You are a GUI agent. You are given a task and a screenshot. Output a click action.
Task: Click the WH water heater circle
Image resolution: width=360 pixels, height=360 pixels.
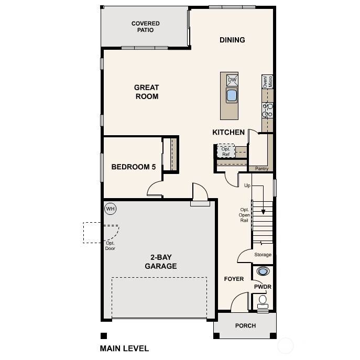(110, 209)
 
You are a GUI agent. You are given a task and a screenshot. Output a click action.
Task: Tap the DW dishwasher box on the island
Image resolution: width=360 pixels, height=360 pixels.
(232, 80)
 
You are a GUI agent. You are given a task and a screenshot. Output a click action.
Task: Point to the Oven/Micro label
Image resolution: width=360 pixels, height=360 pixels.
(268, 81)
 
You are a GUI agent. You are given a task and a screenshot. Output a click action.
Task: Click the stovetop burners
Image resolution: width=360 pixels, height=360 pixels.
(267, 110)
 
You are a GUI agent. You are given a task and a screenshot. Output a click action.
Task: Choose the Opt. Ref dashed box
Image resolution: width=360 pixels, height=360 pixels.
(226, 151)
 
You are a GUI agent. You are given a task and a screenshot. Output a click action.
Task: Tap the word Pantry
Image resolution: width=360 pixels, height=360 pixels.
(261, 169)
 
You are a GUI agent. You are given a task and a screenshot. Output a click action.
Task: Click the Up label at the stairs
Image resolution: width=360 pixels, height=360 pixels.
(247, 186)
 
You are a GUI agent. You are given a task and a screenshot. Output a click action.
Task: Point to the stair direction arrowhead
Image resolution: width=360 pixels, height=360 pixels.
(264, 212)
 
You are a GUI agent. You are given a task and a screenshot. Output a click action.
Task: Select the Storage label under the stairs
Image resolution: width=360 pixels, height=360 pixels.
(263, 255)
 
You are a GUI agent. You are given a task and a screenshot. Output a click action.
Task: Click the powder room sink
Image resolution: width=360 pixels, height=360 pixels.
(263, 271)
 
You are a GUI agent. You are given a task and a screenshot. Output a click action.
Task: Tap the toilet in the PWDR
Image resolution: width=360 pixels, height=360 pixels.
(263, 300)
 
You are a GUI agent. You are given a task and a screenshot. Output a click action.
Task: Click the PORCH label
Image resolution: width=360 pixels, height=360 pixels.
(245, 325)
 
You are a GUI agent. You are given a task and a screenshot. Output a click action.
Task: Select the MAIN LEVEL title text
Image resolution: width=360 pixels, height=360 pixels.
(124, 348)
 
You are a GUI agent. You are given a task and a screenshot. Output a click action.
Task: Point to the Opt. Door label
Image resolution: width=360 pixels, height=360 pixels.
(110, 246)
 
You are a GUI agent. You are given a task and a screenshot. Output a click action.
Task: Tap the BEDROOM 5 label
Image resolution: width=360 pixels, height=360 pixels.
(134, 167)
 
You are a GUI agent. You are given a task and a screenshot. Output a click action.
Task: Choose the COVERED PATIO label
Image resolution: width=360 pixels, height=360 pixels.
(146, 27)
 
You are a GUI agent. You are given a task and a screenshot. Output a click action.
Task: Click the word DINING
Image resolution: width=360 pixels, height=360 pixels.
(232, 40)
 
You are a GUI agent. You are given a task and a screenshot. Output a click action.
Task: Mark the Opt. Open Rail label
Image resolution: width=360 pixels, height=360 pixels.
(245, 214)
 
